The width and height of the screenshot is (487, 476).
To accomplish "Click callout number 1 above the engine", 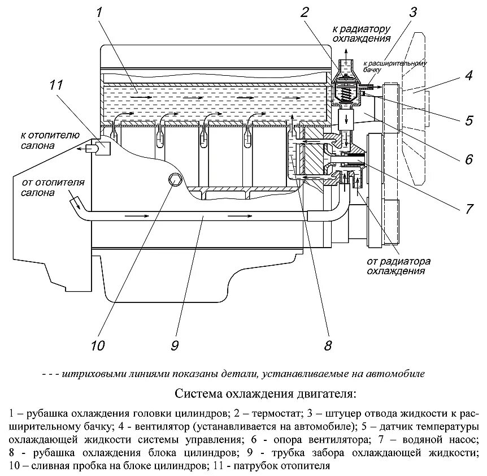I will tap(100, 12).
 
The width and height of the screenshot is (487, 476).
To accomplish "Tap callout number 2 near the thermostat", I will tap(306, 12).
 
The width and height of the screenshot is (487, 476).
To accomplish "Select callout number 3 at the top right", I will tap(414, 12).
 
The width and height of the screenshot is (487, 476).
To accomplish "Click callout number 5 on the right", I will tap(468, 120).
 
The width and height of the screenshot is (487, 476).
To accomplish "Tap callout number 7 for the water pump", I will tap(468, 208).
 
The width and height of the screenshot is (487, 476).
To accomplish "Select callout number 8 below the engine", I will tap(327, 345).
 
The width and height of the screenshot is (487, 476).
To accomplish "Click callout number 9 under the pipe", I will tap(175, 345).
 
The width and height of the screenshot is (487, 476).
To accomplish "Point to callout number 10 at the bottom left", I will tap(98, 345).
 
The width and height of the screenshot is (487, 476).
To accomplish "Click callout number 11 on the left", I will tap(55, 85).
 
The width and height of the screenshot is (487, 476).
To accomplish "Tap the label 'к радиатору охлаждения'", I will tap(362, 34).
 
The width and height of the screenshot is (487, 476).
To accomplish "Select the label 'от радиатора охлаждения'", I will tap(399, 266).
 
